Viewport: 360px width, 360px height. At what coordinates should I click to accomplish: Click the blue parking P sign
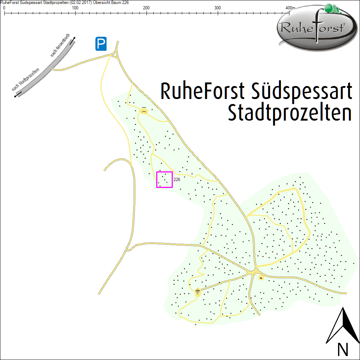[x=101, y=44]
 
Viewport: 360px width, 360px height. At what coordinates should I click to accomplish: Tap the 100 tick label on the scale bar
[x=75, y=8]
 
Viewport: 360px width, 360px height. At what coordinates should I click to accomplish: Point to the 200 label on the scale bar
[x=147, y=8]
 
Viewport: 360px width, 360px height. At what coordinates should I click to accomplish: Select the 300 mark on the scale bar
[x=218, y=8]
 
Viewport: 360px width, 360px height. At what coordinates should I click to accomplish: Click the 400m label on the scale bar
[x=290, y=8]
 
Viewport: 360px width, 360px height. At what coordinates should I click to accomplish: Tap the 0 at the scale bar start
[x=4, y=8]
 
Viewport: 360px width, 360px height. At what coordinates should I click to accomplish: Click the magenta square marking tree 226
[x=165, y=180]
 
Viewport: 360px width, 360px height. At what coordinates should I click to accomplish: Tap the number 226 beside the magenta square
[x=177, y=180]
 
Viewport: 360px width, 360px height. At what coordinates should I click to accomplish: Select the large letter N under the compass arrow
[x=343, y=349]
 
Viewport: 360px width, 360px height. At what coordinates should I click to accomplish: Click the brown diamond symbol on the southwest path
[x=197, y=292]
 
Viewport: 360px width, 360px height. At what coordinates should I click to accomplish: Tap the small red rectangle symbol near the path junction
[x=261, y=277]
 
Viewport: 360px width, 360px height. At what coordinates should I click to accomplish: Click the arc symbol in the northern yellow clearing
[x=144, y=112]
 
